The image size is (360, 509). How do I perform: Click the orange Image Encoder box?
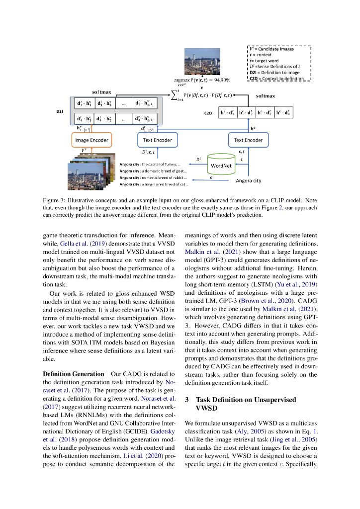92,140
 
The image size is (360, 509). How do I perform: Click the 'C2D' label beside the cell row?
209,113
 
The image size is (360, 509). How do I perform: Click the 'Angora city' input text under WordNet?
248,180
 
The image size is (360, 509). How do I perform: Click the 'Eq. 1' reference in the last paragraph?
309,431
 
